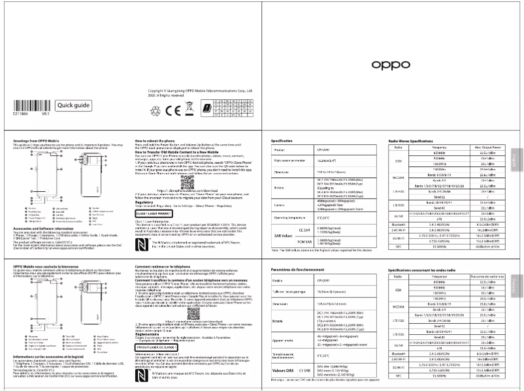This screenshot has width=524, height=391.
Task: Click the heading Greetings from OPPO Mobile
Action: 30,140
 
